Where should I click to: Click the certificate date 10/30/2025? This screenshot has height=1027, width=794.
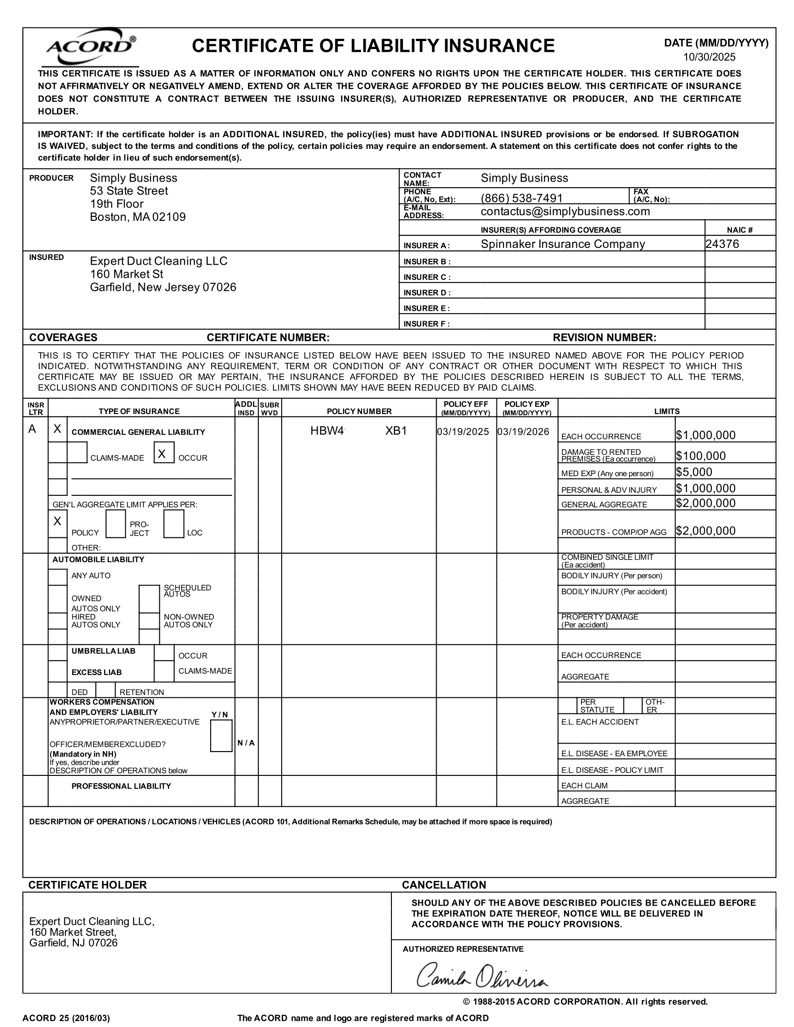tap(709, 57)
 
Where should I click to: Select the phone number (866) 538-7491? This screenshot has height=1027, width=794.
tap(521, 198)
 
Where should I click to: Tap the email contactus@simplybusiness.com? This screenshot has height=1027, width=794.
tap(565, 211)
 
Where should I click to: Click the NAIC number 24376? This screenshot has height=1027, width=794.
tap(722, 244)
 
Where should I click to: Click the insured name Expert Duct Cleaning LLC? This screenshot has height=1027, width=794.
tap(158, 261)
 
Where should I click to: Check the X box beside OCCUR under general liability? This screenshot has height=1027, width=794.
tap(163, 452)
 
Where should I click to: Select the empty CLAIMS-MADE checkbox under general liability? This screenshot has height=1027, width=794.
tap(77, 452)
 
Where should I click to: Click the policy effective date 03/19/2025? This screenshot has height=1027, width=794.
tap(463, 432)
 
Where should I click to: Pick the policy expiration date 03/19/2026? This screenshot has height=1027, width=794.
tap(523, 432)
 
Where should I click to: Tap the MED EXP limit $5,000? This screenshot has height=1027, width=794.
tap(694, 472)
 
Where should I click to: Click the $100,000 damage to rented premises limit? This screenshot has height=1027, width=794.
tap(701, 456)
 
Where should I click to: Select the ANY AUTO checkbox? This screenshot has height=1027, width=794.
tap(57, 577)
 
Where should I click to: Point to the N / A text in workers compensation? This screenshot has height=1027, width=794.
tap(246, 743)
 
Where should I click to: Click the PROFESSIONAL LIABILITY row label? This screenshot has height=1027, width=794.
tap(121, 786)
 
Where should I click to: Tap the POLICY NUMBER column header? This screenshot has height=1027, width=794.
tap(359, 411)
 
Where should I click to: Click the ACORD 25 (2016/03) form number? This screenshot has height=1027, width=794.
tap(66, 1018)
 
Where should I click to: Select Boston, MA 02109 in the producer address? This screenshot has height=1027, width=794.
tap(137, 217)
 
